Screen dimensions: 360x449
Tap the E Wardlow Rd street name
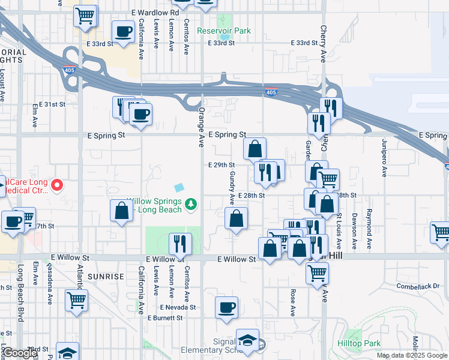tap(154, 12)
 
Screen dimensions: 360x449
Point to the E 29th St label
tap(221, 164)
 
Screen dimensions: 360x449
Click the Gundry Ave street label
tap(232, 185)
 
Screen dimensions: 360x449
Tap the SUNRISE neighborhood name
tap(105, 277)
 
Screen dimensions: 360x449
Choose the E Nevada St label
tap(178, 307)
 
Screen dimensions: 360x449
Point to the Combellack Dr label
tap(418, 287)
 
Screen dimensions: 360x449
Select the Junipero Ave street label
tap(385, 158)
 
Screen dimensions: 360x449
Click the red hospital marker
tap(57, 185)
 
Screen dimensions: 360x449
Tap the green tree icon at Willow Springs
tap(191, 205)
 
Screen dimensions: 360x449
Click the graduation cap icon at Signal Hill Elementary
tap(247, 340)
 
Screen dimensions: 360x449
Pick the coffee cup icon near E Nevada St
tap(226, 308)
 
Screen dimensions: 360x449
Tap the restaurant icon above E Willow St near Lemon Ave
tap(180, 243)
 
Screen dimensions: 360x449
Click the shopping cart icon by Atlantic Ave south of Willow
tap(76, 300)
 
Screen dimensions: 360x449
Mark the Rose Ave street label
tap(293, 303)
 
